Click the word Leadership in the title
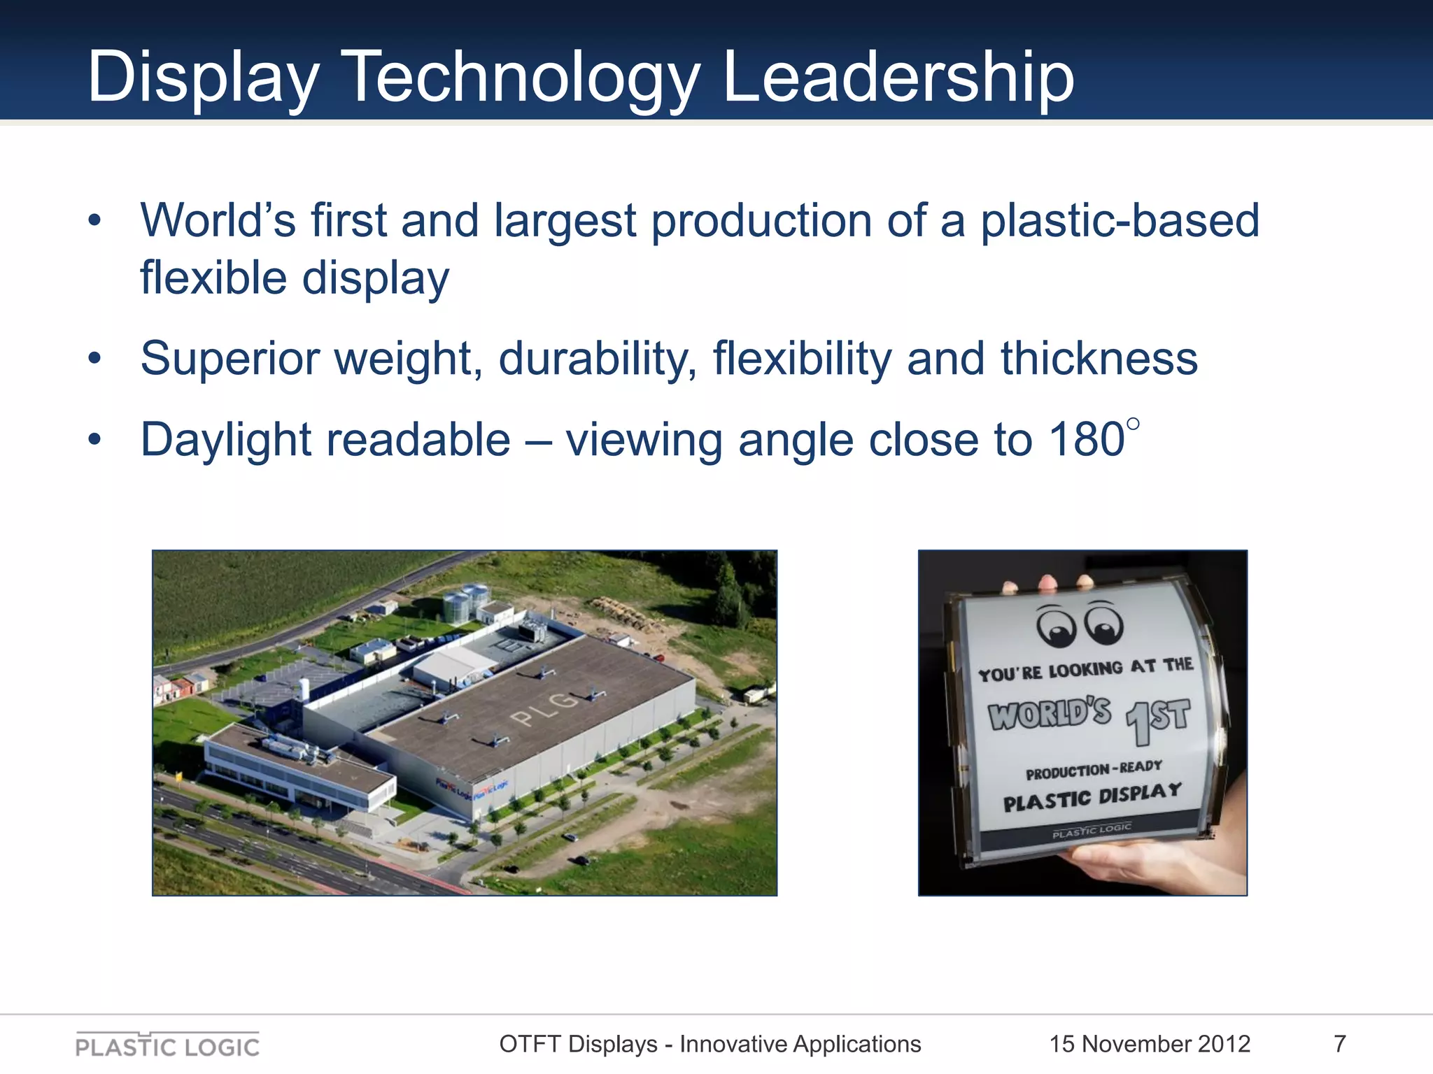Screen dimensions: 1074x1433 [898, 77]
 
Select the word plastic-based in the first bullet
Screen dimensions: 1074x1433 [1120, 221]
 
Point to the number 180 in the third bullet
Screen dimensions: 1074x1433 [1087, 440]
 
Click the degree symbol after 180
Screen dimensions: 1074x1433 [1134, 424]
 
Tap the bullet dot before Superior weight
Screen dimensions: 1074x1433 [95, 359]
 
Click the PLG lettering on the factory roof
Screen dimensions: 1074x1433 [545, 707]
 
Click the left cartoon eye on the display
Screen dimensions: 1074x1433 [1057, 626]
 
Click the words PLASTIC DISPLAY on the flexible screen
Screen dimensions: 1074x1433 [1092, 796]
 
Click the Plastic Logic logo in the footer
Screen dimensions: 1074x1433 [167, 1045]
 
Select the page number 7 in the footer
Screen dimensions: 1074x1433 [1340, 1044]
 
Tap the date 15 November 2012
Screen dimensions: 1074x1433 [1150, 1044]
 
